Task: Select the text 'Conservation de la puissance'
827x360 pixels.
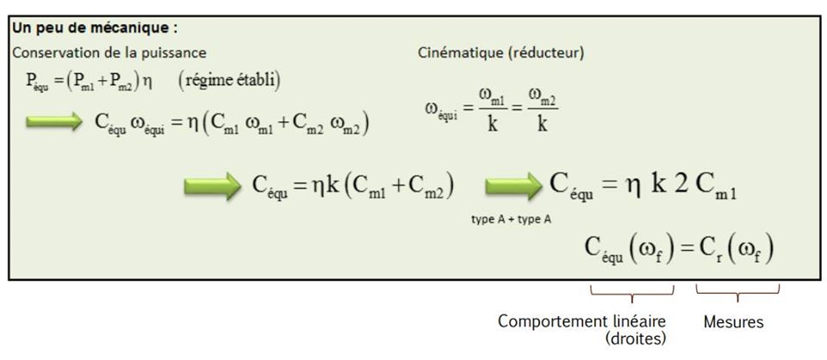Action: (x=109, y=53)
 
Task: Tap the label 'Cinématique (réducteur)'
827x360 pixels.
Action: (x=501, y=53)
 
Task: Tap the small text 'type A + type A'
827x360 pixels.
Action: (x=512, y=219)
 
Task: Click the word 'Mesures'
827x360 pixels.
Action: (x=732, y=321)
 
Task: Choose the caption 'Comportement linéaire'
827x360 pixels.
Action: (x=581, y=321)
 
